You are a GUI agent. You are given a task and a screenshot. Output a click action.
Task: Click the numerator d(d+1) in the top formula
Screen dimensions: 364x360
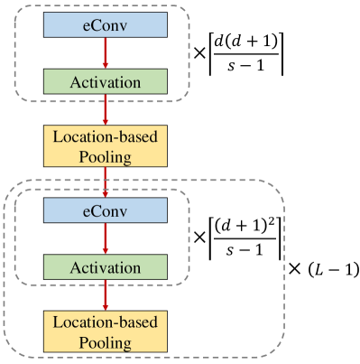[245, 41]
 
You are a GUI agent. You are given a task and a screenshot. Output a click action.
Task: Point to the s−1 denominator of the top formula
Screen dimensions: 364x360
[245, 67]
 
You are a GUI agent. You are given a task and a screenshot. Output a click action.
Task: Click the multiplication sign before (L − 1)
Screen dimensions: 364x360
[294, 270]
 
